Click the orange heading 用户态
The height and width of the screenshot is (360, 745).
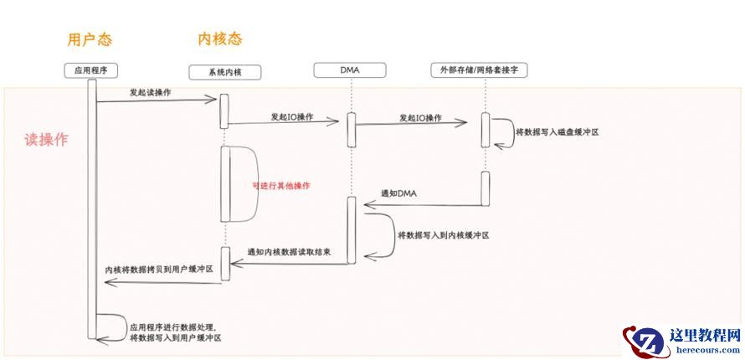pyautogui.click(x=90, y=39)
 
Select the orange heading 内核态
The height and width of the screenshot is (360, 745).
pyautogui.click(x=220, y=39)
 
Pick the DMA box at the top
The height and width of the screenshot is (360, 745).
pyautogui.click(x=350, y=70)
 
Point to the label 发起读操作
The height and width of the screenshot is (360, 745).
pyautogui.click(x=151, y=92)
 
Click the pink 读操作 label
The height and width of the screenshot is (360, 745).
pyautogui.click(x=46, y=140)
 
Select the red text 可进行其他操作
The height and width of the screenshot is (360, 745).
pyautogui.click(x=286, y=185)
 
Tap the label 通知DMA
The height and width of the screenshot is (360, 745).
pyautogui.click(x=398, y=194)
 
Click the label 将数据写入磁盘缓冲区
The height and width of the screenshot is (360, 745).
pyautogui.click(x=557, y=131)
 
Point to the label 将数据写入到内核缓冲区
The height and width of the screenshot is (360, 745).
pyautogui.click(x=443, y=235)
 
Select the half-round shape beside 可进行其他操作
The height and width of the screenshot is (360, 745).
pyautogui.click(x=244, y=184)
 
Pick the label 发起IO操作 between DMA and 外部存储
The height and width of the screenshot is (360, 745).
pyautogui.click(x=420, y=117)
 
